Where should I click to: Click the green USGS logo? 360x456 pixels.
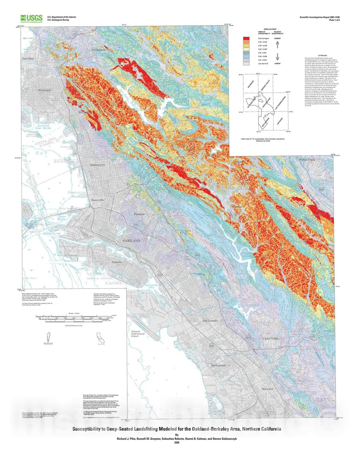[31, 18]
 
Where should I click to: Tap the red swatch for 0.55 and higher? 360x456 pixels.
[246, 39]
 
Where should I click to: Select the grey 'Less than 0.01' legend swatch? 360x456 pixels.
[246, 63]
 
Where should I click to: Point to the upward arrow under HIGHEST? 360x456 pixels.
[277, 45]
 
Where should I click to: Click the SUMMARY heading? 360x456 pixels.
[322, 56]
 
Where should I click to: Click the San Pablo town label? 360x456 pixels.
[28, 59]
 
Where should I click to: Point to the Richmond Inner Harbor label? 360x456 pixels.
[43, 127]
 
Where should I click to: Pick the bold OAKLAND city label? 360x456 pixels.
[131, 241]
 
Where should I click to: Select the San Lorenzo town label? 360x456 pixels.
[219, 365]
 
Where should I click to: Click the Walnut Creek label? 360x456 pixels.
[307, 160]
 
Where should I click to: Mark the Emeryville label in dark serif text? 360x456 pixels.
[98, 200]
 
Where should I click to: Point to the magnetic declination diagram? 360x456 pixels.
[49, 338]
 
